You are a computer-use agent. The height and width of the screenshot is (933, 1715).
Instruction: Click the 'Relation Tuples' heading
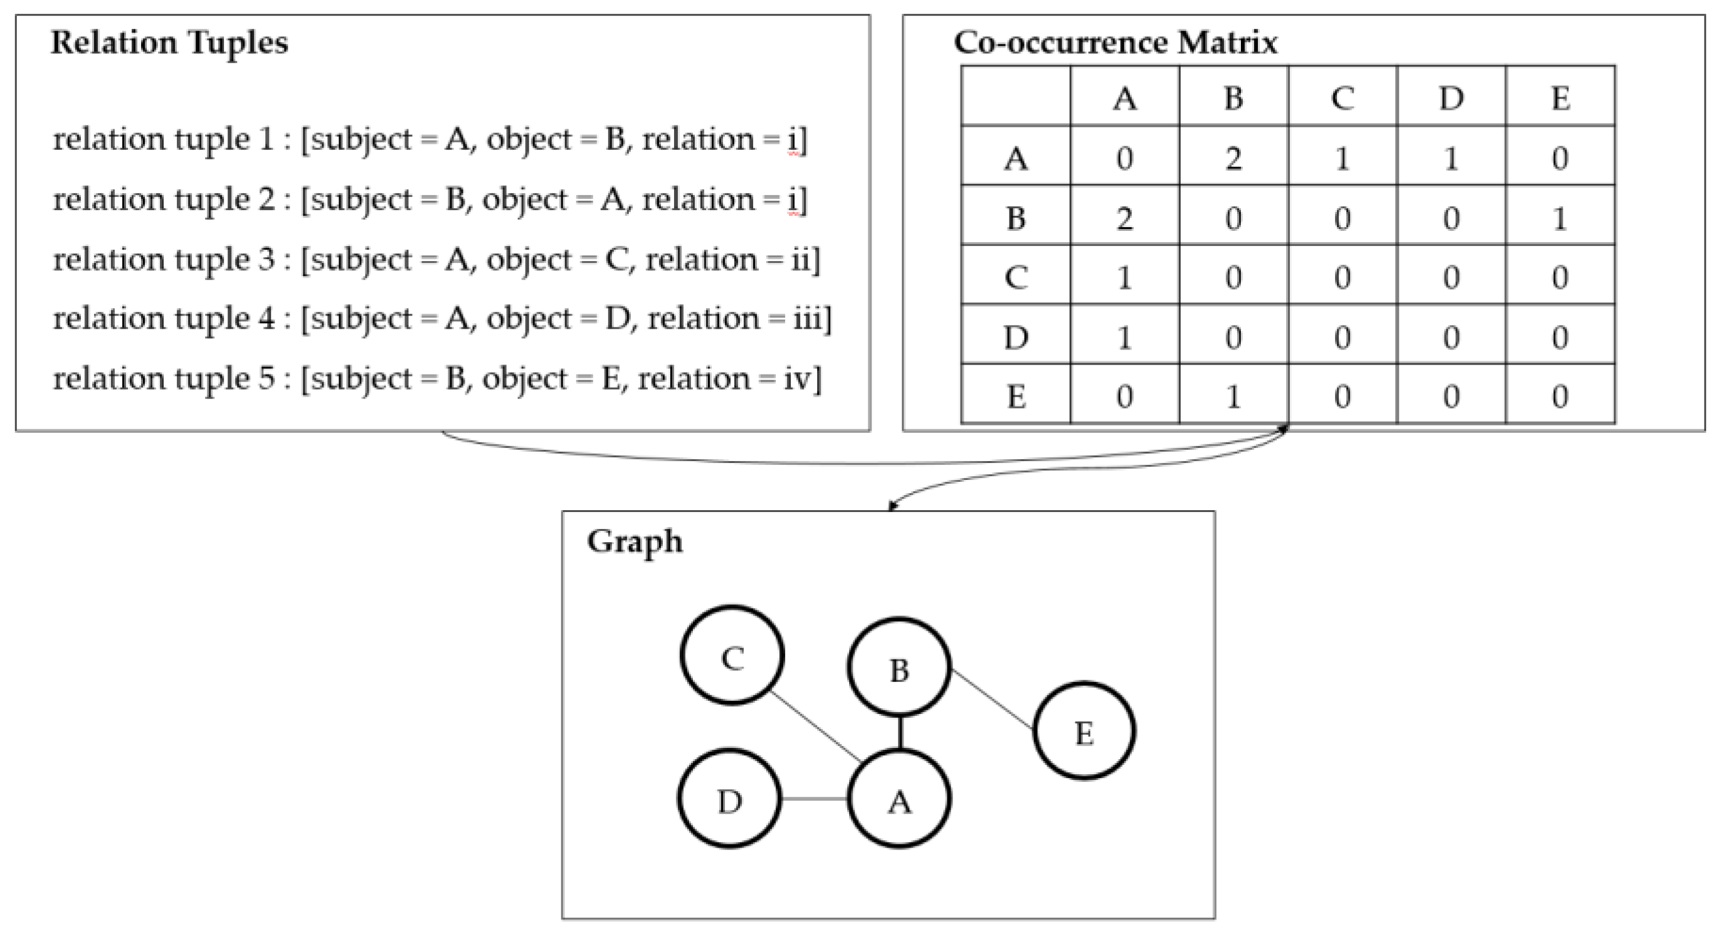(x=169, y=43)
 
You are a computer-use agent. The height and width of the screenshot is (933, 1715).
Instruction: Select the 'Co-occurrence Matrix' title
(x=1115, y=43)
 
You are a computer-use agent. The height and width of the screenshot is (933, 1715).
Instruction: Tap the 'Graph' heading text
(x=635, y=541)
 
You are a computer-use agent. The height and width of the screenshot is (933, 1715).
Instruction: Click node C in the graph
(x=732, y=655)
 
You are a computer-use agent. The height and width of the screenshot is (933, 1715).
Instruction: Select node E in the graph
(x=1084, y=730)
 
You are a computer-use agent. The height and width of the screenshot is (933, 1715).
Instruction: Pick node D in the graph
(x=730, y=799)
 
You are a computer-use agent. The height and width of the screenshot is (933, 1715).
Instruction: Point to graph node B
(x=899, y=668)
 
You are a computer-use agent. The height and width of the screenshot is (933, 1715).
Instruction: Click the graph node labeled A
(x=899, y=799)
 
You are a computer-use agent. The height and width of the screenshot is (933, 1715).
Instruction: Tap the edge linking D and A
(x=814, y=799)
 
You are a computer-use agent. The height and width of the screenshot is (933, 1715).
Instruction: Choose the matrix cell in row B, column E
(x=1559, y=217)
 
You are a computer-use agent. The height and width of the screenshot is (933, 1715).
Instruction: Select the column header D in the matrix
(x=1450, y=98)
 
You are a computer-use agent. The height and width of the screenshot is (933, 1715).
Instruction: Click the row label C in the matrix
(x=1015, y=277)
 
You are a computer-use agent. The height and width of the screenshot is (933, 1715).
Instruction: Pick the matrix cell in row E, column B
(x=1233, y=397)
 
